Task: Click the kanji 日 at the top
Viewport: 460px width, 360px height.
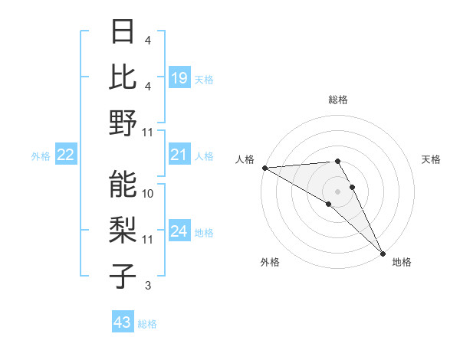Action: (x=123, y=32)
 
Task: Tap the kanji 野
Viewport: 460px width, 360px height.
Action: (x=123, y=123)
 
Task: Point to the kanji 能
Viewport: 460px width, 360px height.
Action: (x=123, y=184)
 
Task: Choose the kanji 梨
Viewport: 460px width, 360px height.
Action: (x=123, y=230)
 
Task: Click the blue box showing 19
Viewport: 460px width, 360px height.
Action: (x=179, y=77)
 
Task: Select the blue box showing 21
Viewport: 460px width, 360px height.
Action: (x=179, y=155)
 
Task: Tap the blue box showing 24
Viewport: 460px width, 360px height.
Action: (x=179, y=232)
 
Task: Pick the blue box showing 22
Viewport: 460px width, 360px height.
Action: (x=66, y=155)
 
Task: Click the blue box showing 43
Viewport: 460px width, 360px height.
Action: (x=123, y=322)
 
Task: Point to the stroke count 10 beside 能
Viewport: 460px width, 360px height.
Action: (x=149, y=194)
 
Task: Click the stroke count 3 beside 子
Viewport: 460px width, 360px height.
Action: (x=148, y=286)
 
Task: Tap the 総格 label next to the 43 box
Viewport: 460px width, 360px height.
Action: (x=148, y=324)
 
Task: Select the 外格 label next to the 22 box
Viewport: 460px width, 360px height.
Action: (x=41, y=156)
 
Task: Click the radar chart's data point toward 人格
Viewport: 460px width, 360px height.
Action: (x=264, y=168)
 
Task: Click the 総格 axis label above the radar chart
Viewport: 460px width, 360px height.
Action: (x=338, y=100)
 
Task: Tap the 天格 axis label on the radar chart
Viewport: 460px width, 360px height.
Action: (x=432, y=159)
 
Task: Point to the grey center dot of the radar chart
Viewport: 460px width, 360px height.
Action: (x=338, y=191)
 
